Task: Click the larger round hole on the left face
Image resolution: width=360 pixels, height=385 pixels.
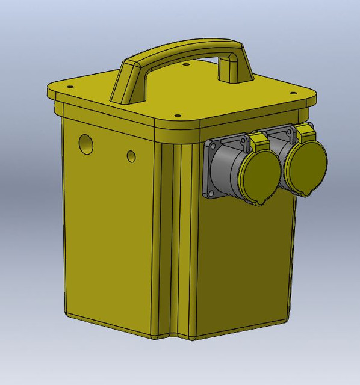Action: pos(87,143)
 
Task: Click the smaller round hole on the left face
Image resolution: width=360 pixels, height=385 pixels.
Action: pos(131,156)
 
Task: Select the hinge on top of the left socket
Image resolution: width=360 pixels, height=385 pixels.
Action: pos(259,140)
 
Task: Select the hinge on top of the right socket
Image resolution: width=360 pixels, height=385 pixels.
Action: pos(305,131)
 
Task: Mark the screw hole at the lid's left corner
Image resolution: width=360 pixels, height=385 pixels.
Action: pos(58,93)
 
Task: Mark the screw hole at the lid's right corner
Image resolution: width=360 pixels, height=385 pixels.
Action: pos(293,94)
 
